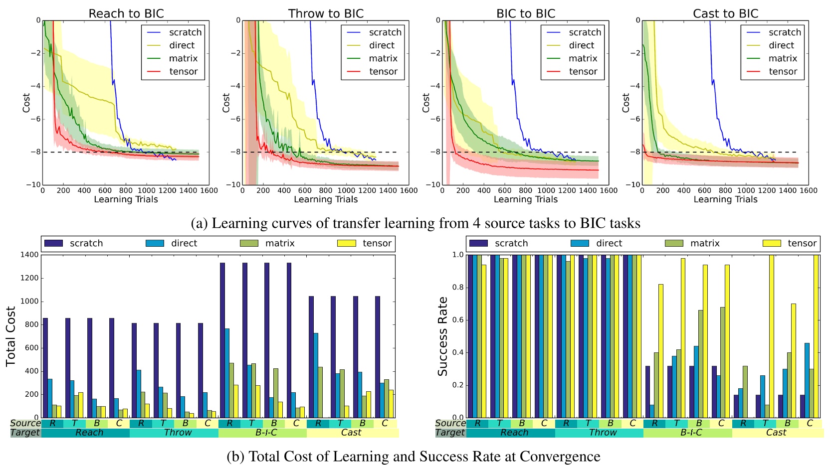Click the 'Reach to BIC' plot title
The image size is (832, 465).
click(x=126, y=13)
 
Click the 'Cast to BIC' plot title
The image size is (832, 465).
click(x=725, y=13)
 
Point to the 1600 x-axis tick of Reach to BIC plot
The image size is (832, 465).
click(x=208, y=190)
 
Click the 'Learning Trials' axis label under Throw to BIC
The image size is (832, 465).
click(x=326, y=199)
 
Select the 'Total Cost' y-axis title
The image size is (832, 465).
click(x=11, y=336)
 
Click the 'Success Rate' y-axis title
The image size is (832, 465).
click(x=442, y=336)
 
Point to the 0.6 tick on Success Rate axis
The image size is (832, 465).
click(x=457, y=320)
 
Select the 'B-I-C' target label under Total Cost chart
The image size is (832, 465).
click(x=266, y=433)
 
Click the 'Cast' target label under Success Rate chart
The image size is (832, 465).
click(x=776, y=433)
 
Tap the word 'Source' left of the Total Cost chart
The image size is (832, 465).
click(x=25, y=423)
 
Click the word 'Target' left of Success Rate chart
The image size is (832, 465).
click(x=450, y=433)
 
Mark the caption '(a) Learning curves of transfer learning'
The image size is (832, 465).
click(x=415, y=223)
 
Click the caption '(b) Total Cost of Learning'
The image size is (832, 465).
click(x=413, y=456)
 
